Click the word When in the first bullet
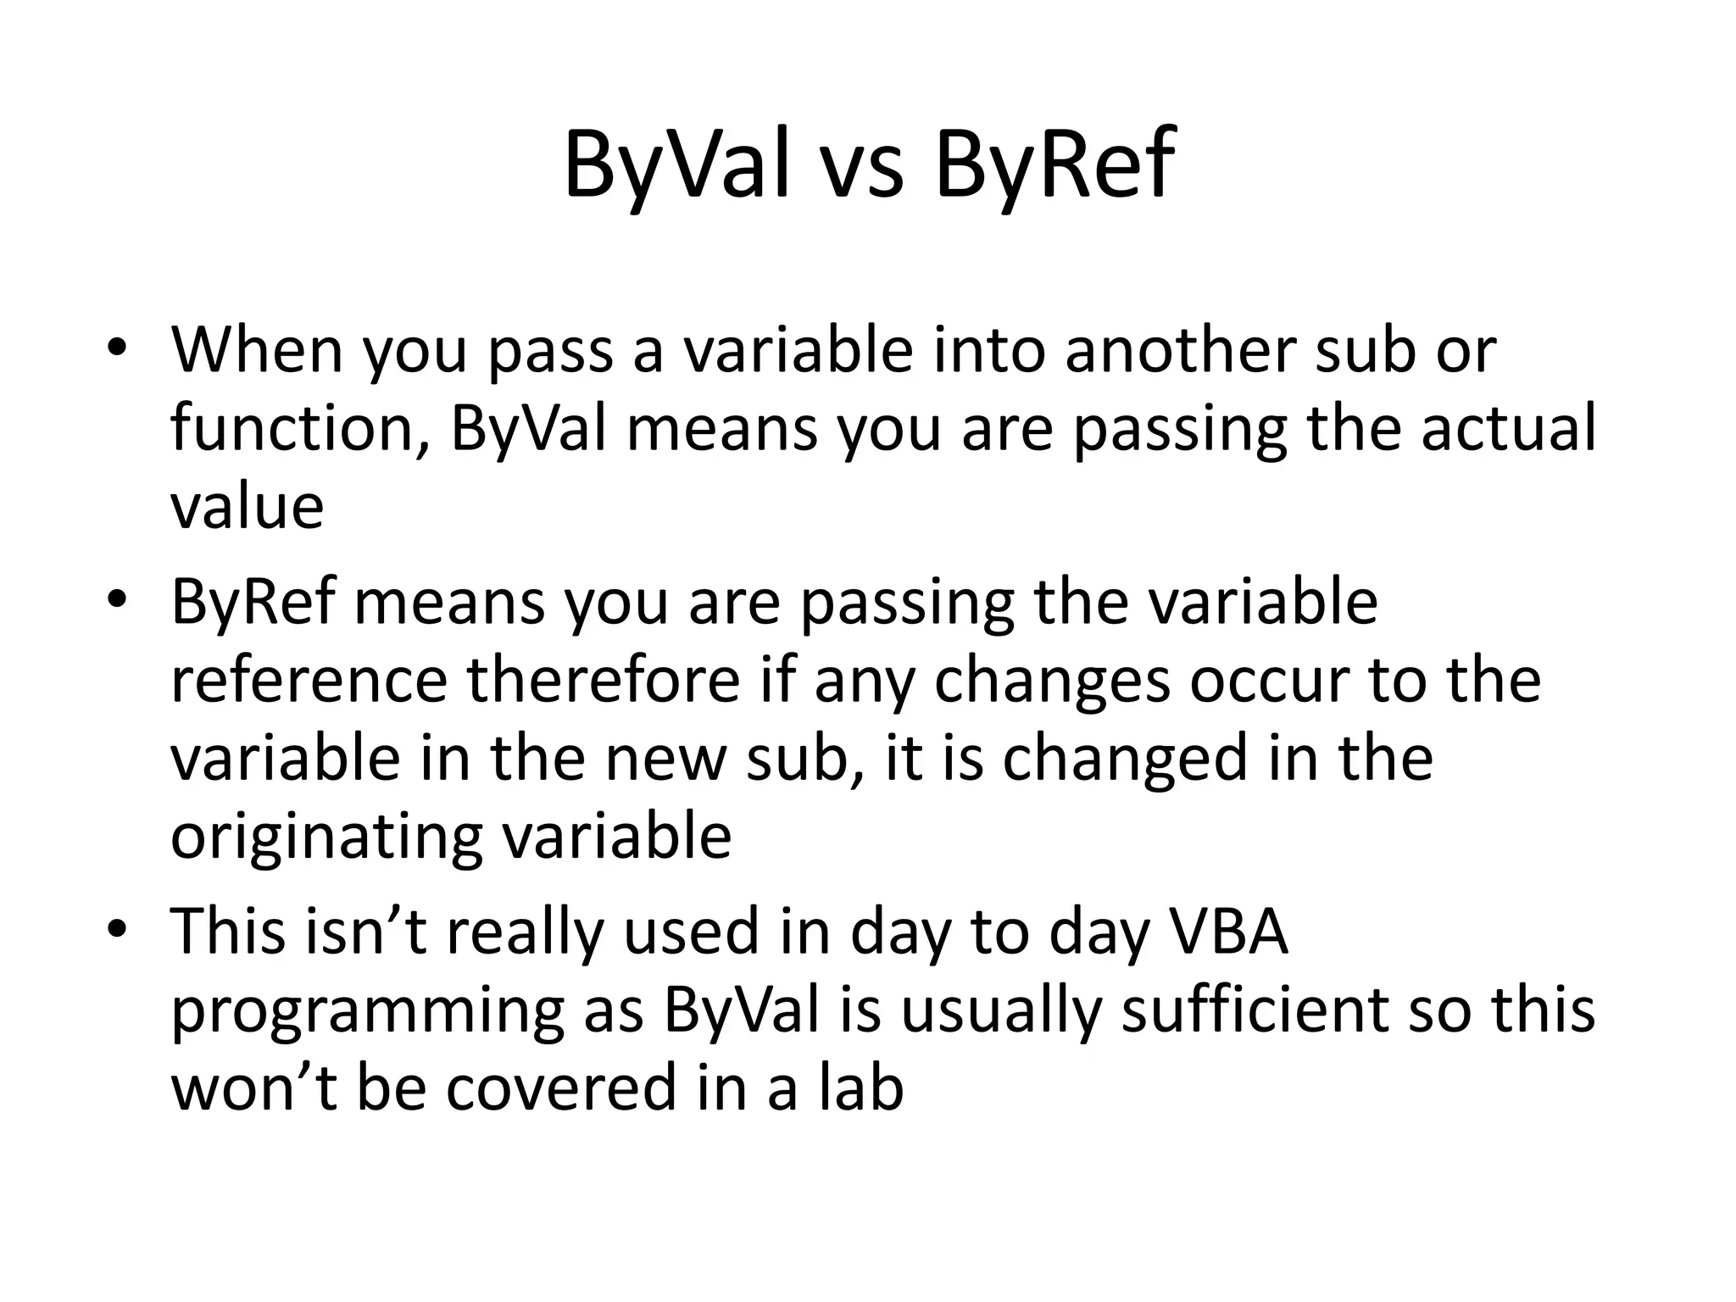pos(257,349)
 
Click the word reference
pos(309,680)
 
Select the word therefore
pos(604,680)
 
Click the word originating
pos(326,837)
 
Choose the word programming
pos(368,1010)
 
